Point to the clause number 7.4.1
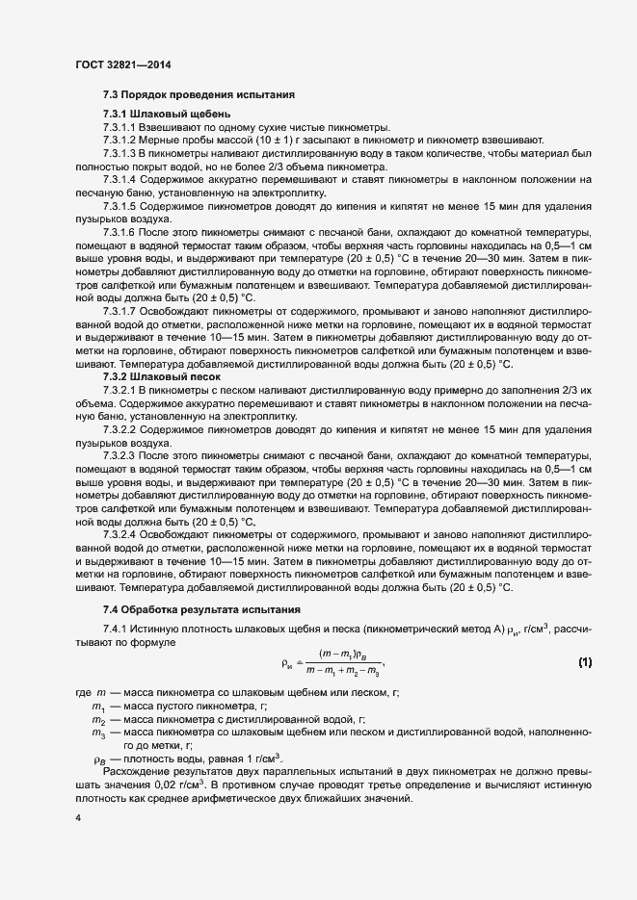point(116,630)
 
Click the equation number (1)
point(584,661)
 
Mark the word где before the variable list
point(82,694)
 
